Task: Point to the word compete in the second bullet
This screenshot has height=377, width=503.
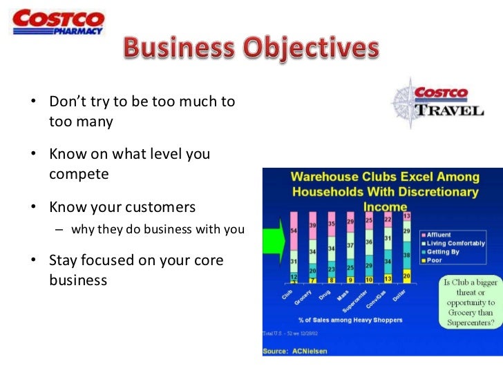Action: [x=79, y=174]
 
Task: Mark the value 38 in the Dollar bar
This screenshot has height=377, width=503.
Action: [x=406, y=255]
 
